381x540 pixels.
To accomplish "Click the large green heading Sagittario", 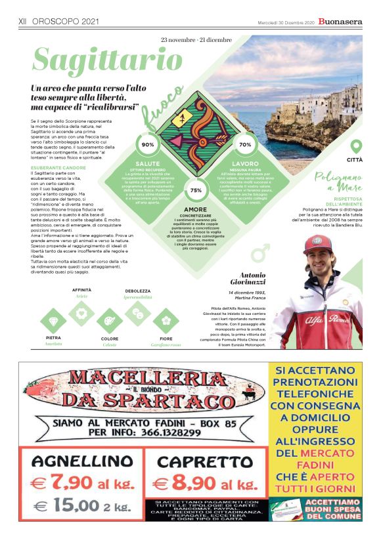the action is tap(107, 61).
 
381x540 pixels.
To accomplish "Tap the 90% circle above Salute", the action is tap(148, 144).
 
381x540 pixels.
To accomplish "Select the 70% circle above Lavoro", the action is tap(245, 144).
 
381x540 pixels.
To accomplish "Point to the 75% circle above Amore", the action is tap(196, 190).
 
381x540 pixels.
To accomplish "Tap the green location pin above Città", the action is tap(355, 146).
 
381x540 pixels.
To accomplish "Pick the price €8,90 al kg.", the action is tap(206, 484).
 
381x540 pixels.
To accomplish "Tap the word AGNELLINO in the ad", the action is tap(82, 461).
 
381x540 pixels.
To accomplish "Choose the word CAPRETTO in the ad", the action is tap(205, 461).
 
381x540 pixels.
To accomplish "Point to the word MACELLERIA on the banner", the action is tap(145, 378).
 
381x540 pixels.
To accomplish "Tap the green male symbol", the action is tap(261, 252).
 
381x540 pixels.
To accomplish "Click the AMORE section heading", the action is tap(195, 209).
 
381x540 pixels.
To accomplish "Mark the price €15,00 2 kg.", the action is tap(82, 507).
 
